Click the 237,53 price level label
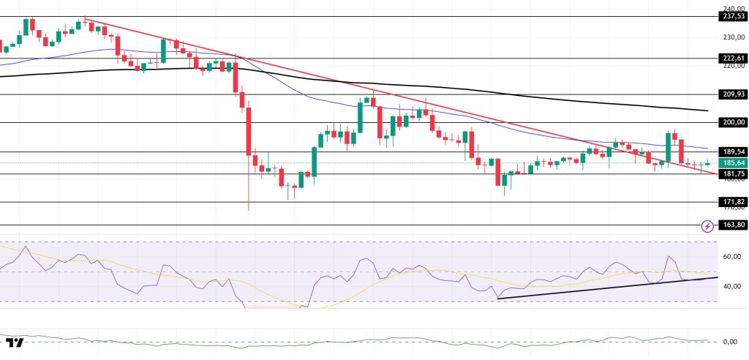[732, 17]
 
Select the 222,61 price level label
[732, 58]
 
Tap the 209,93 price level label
[732, 94]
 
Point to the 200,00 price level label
[732, 122]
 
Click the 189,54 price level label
[732, 152]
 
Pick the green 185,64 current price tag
[732, 162]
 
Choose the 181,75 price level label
[732, 173]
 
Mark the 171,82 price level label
[732, 202]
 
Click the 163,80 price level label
[732, 225]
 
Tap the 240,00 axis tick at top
[732, 8]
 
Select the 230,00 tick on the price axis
[732, 37]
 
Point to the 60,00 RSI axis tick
[732, 256]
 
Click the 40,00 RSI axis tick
[732, 286]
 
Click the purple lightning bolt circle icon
[707, 225]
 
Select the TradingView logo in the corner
[15, 342]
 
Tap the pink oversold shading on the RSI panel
[271, 306]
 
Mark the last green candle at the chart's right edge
[707, 163]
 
